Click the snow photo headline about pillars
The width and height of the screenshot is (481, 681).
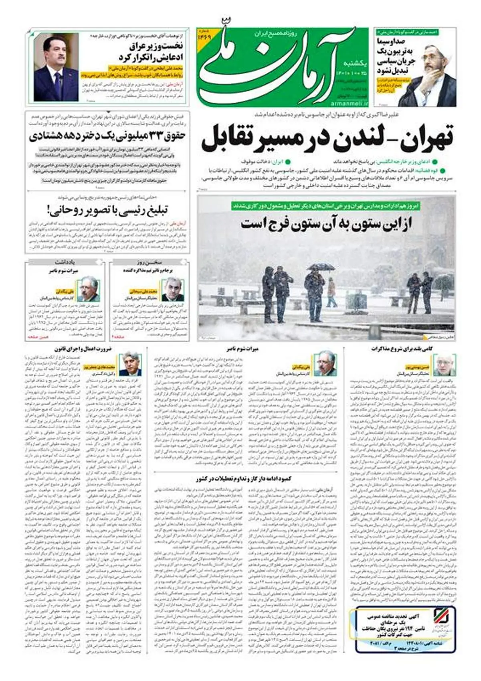[327, 223]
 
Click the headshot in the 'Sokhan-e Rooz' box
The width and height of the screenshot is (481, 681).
[173, 289]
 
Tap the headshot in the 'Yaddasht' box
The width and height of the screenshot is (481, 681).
[88, 289]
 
